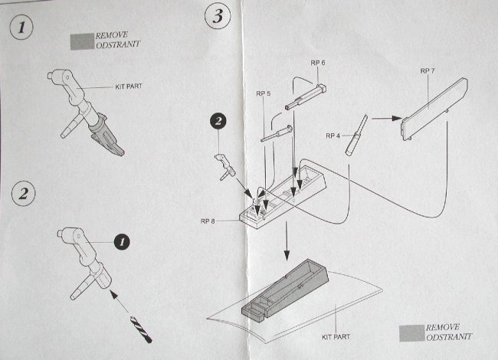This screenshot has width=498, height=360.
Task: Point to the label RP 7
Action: [x=428, y=70]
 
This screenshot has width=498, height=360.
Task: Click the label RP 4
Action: [x=333, y=136]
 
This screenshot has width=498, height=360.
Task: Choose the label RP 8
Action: [x=209, y=221]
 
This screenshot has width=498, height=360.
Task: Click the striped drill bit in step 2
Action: [x=142, y=326]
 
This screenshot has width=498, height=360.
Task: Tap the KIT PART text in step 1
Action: [x=131, y=87]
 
